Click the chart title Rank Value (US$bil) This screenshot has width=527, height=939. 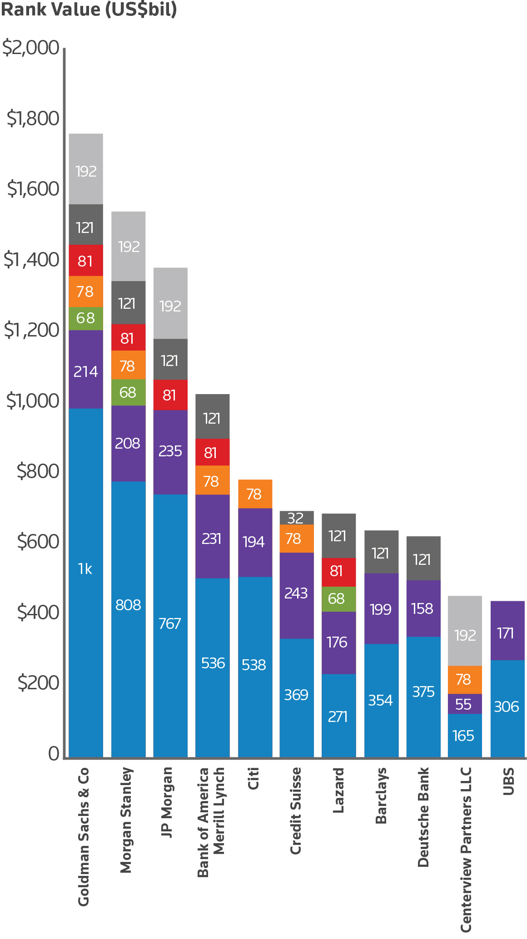click(x=89, y=10)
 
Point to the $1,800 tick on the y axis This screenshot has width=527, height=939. click(x=33, y=119)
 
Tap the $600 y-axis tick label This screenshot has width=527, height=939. click(x=38, y=542)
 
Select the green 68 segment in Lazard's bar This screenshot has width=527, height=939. click(x=338, y=599)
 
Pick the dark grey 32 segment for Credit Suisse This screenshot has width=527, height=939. click(x=296, y=518)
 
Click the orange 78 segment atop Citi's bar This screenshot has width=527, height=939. click(x=255, y=494)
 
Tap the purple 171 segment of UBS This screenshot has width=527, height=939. click(x=507, y=631)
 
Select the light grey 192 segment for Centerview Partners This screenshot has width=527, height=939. click(x=465, y=631)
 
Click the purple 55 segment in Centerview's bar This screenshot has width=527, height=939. click(x=465, y=704)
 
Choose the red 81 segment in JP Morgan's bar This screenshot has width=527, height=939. click(x=170, y=395)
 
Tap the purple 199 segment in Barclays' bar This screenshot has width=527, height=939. click(x=381, y=608)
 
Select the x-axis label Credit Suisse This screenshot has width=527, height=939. click(x=296, y=811)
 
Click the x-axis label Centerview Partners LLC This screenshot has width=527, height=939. click(x=466, y=849)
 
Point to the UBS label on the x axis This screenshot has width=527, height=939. click(x=508, y=781)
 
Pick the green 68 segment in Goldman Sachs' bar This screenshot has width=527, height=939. click(x=86, y=318)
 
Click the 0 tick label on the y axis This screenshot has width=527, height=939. click(x=54, y=754)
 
